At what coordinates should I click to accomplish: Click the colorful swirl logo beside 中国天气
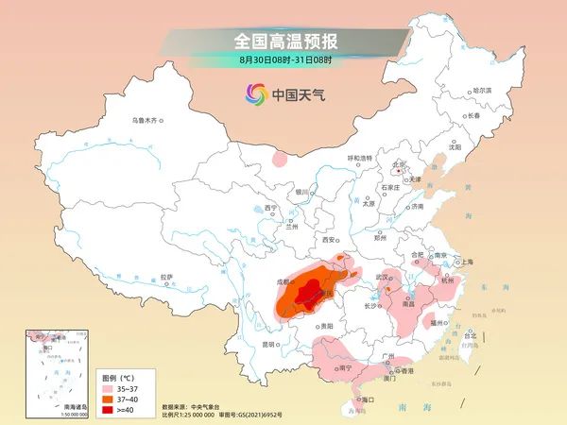point(256,93)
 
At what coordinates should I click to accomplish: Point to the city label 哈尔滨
point(481,90)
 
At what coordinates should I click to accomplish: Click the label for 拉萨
point(167,277)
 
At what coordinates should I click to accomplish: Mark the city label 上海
point(464,262)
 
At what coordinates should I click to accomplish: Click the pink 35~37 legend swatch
point(109,387)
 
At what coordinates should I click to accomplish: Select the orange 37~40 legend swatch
point(109,398)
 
